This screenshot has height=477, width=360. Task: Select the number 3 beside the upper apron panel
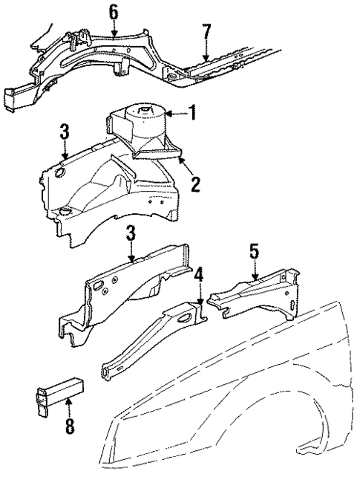[64, 132]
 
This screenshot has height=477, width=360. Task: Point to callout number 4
[198, 276]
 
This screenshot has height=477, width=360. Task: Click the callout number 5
[254, 252]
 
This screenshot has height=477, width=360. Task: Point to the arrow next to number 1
[175, 114]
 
